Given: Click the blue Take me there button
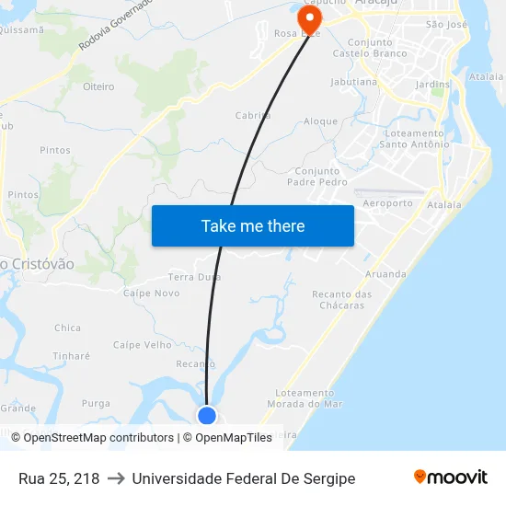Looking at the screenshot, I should [x=252, y=225].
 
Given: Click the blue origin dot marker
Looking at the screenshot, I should [x=207, y=416].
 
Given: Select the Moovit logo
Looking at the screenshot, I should [x=450, y=477].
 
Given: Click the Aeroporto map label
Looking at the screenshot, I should [x=387, y=203].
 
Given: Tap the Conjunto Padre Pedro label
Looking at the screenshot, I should [x=320, y=177].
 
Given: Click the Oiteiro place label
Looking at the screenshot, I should [x=98, y=86].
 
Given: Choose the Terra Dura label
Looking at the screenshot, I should [x=194, y=276].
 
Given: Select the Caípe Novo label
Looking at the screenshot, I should [x=152, y=293].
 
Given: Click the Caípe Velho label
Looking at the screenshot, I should [x=143, y=345].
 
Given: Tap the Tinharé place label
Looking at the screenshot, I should [x=72, y=356].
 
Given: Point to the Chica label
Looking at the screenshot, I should [x=67, y=328].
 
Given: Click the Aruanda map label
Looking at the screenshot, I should [x=385, y=274].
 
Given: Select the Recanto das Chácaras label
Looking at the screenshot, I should [x=342, y=300].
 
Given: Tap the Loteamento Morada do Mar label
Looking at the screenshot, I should [x=305, y=398].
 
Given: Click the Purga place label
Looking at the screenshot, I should [x=96, y=404].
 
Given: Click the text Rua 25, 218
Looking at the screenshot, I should [x=59, y=478].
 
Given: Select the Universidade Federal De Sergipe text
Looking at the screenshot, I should [x=243, y=478].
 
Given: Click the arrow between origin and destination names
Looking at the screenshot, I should [x=116, y=478].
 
